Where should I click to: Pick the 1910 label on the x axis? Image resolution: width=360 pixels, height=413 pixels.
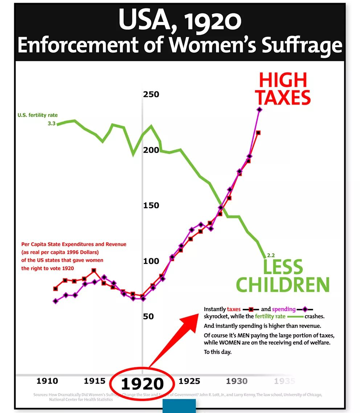(x=47, y=381)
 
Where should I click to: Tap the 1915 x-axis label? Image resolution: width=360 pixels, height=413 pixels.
(x=95, y=381)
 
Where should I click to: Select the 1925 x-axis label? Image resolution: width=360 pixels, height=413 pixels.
(x=189, y=381)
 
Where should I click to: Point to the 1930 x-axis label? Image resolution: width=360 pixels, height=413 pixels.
(x=237, y=381)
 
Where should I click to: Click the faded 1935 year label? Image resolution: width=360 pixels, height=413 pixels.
(x=284, y=381)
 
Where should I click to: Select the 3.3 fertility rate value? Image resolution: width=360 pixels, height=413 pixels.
(x=51, y=124)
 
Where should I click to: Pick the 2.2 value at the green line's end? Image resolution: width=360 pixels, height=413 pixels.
(x=271, y=255)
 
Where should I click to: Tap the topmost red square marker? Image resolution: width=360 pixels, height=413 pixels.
(x=258, y=133)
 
